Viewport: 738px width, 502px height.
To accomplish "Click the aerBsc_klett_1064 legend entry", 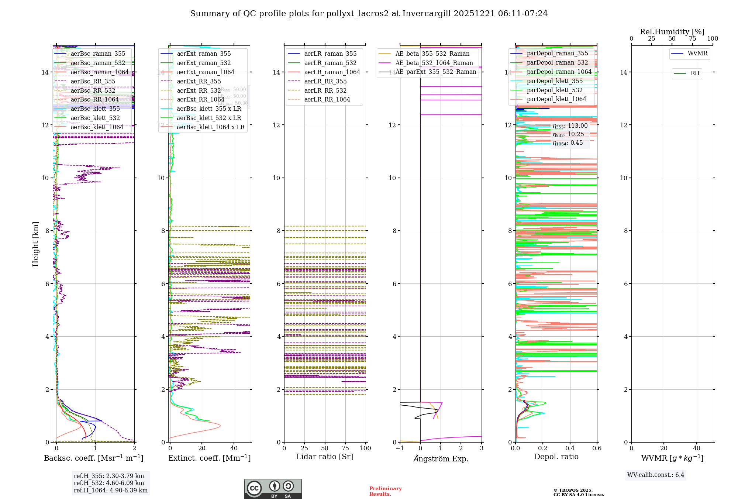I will (97, 127).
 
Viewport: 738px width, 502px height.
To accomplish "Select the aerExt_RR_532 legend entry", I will (199, 90).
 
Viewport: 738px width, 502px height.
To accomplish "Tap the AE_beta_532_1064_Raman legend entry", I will (434, 63).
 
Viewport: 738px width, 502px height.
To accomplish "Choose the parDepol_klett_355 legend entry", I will (555, 81).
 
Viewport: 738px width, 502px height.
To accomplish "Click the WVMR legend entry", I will (697, 54).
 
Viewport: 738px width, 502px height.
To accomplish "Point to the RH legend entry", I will (695, 73).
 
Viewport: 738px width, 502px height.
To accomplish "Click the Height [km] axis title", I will (35, 244).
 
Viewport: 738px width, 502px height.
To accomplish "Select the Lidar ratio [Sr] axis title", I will (325, 457).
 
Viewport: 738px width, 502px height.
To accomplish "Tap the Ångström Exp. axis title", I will (441, 458).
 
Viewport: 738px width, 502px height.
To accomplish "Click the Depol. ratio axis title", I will (556, 457).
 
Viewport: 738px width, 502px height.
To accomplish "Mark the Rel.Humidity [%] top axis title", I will (672, 32).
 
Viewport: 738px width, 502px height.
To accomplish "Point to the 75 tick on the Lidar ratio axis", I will (345, 448).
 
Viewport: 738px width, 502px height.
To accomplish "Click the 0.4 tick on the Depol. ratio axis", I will (570, 448).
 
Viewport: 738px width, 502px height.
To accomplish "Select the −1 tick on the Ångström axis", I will (400, 448).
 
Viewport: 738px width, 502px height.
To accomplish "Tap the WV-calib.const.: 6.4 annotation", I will (656, 475).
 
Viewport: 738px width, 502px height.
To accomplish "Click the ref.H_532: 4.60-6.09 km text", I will (109, 483).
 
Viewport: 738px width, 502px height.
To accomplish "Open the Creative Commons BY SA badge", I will (273, 489).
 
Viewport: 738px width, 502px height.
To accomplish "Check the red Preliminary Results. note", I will (385, 491).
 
